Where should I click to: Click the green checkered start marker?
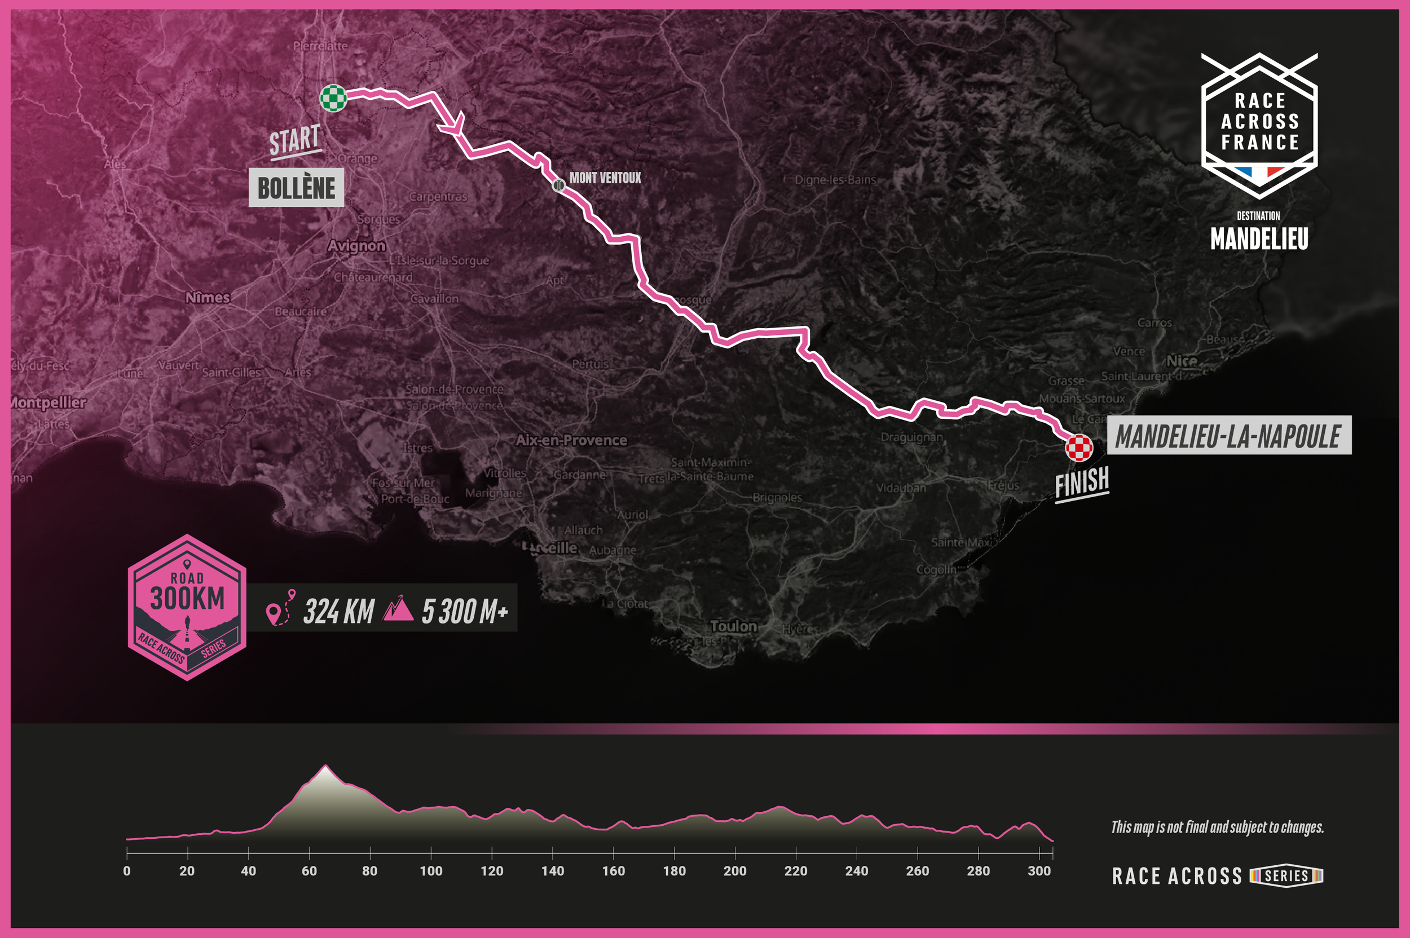[x=333, y=98]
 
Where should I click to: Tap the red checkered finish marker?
[x=1078, y=448]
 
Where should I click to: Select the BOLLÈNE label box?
[x=296, y=188]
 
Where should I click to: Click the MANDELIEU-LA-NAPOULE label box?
[x=1228, y=436]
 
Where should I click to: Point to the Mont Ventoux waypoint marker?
[x=558, y=185]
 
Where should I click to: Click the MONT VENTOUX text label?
[x=605, y=178]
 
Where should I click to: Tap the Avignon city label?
[x=356, y=246]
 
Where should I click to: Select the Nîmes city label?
[x=207, y=297]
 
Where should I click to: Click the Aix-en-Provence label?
[x=571, y=440]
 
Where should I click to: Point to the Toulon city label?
[x=733, y=626]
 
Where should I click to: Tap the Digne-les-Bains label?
[x=835, y=179]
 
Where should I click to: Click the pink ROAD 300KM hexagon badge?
[x=187, y=607]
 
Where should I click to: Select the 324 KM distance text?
[x=339, y=612]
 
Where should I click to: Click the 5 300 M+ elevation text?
[x=464, y=612]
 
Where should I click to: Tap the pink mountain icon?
[x=398, y=608]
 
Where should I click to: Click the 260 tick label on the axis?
[x=917, y=871]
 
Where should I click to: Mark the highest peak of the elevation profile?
[x=325, y=766]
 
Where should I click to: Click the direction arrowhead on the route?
[x=455, y=125]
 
